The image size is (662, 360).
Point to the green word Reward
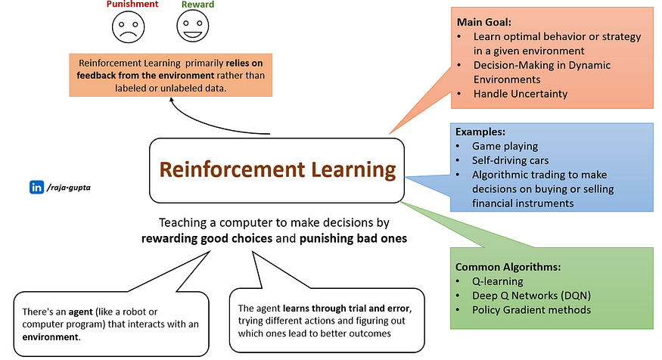197,5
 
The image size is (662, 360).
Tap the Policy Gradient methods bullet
532,309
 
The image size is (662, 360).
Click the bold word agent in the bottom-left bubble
79,309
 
